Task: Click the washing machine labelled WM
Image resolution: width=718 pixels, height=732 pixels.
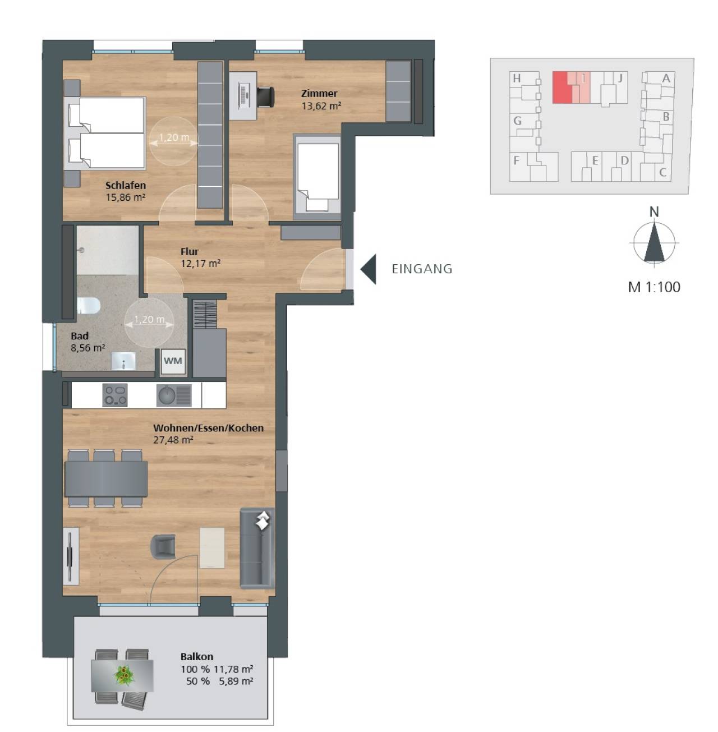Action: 173,361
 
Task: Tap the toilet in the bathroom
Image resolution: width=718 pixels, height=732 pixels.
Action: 89,305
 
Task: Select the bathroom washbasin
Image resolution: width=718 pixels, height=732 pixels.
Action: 123,361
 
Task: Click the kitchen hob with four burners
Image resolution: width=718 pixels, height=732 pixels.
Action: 115,395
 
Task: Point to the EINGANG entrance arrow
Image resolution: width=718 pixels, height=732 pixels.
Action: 368,269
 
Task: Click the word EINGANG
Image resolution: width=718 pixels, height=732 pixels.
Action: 422,269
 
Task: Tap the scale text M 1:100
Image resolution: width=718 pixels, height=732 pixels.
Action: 654,287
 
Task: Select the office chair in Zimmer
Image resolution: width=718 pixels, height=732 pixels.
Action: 265,96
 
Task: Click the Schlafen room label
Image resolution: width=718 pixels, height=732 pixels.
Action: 125,185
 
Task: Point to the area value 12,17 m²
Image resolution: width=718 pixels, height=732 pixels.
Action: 201,263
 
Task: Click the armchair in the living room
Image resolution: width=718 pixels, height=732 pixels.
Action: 163,546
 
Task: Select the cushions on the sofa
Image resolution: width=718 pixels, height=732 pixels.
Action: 263,520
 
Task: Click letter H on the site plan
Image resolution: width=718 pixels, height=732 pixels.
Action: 517,79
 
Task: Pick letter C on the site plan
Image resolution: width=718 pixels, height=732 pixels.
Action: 662,172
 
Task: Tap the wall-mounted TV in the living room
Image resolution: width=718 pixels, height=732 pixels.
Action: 70,556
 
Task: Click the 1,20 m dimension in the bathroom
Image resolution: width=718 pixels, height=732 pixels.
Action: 149,320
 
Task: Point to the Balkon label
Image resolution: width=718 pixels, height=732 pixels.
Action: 197,656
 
